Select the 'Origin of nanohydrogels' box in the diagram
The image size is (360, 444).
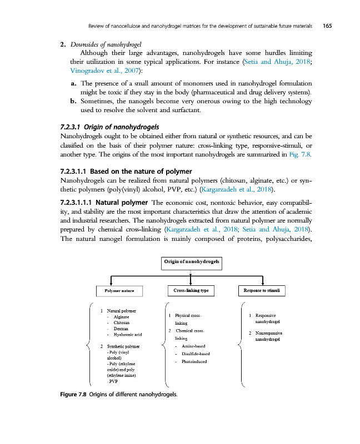point(191,261)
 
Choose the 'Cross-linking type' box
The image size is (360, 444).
point(191,290)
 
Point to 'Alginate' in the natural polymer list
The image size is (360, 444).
point(121,316)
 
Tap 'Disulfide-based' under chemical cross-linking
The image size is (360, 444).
point(196,354)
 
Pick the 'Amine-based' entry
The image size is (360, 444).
point(193,346)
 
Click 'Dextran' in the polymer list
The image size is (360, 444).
point(121,329)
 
